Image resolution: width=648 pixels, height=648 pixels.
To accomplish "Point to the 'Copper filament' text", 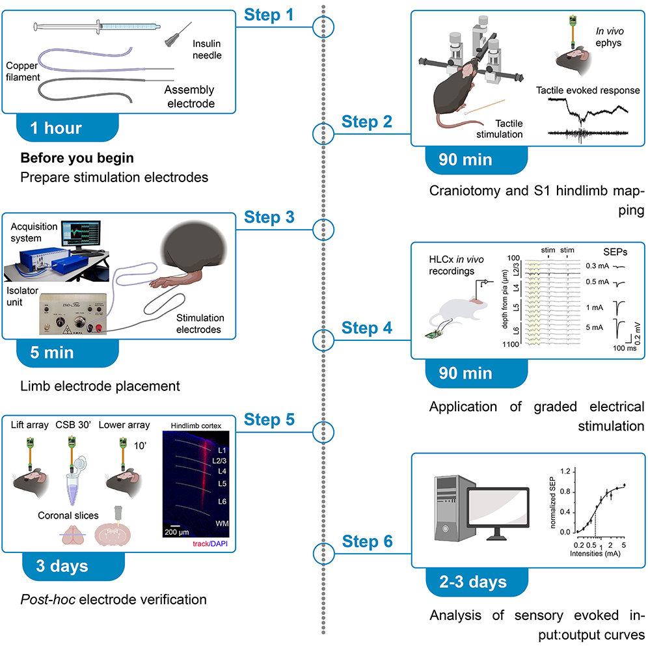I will [x=23, y=72].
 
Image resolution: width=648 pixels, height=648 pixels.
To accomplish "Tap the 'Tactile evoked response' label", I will [x=587, y=90].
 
